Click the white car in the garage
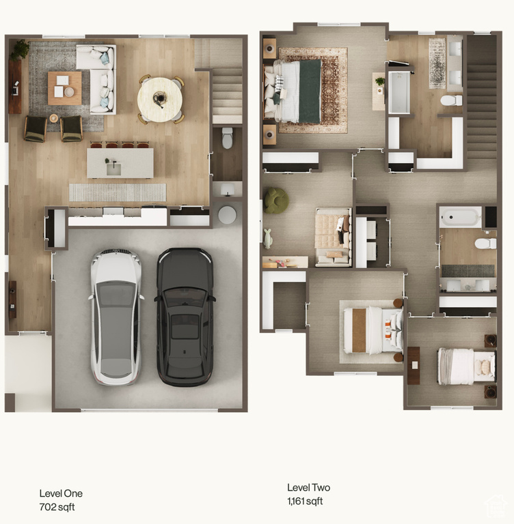116,317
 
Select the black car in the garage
185,317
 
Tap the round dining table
160,99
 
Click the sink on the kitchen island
114,169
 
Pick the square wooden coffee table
65,88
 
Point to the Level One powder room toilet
228,138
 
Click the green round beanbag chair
277,200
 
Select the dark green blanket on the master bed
310,91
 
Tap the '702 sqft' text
57,507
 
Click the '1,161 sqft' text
305,501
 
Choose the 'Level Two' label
309,488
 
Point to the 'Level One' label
61,493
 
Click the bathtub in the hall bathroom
461,217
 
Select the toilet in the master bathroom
451,100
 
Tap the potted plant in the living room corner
19,50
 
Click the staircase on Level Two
481,97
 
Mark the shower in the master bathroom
398,93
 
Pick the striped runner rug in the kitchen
118,192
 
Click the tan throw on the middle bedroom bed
359,330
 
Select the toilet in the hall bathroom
485,244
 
